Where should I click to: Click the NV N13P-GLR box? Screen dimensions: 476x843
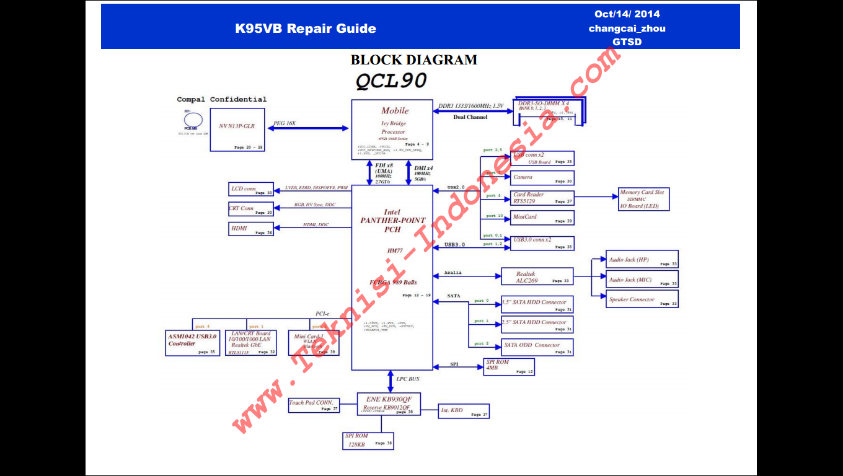(x=237, y=129)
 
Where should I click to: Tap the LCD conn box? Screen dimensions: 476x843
(x=251, y=189)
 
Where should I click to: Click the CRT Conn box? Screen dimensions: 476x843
(x=251, y=209)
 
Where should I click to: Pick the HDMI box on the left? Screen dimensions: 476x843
(x=251, y=229)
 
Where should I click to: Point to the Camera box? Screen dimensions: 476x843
(x=542, y=178)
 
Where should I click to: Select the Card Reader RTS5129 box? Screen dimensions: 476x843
(x=542, y=198)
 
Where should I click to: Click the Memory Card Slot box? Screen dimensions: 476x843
(x=643, y=200)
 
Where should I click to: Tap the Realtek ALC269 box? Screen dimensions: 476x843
(x=536, y=277)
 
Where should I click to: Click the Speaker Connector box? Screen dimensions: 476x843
(x=642, y=299)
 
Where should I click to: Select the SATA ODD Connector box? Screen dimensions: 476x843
(x=537, y=347)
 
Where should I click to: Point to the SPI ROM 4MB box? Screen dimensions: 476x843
(x=508, y=367)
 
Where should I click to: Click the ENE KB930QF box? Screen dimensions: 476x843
(x=389, y=403)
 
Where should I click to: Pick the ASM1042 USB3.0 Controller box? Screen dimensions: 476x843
(x=192, y=343)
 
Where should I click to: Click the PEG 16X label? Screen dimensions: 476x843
(x=285, y=123)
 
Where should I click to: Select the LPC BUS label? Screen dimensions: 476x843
(x=407, y=379)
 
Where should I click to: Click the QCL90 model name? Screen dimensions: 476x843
(x=391, y=81)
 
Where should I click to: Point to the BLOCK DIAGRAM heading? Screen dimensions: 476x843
(x=413, y=60)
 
